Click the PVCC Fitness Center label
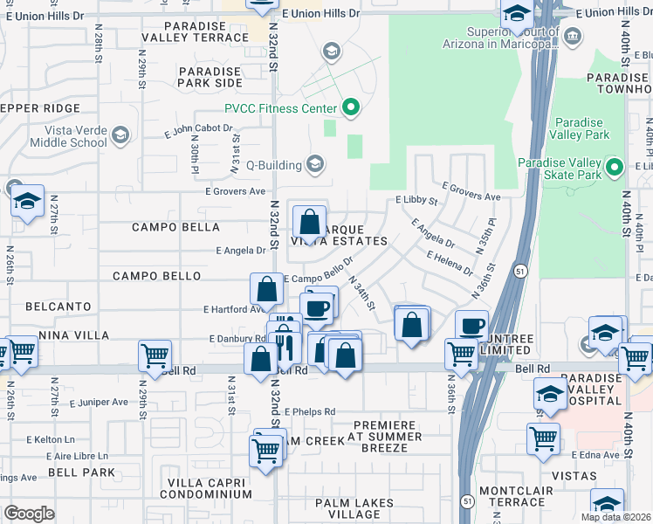coord(281,108)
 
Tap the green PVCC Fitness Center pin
coord(351,108)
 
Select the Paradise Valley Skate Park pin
coord(615,168)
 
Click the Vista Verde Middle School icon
coord(120,135)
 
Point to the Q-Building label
coord(272,164)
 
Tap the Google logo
coord(29,513)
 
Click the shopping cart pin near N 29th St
coord(155,356)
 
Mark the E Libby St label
coord(416,200)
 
